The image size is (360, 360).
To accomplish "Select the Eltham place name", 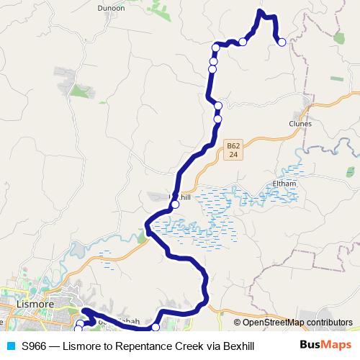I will click(x=284, y=184).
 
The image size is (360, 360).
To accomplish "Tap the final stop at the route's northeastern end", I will click(x=282, y=42).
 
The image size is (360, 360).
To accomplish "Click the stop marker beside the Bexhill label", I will click(x=175, y=204).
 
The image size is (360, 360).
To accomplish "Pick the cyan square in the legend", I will click(x=11, y=346).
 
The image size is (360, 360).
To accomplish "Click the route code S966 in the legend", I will click(x=35, y=346).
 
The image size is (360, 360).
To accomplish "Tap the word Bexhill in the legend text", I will click(x=236, y=346).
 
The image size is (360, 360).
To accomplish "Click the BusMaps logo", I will click(x=324, y=346).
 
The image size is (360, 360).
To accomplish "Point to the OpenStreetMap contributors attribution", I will click(x=293, y=322).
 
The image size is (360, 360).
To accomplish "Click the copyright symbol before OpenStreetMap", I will click(x=238, y=322).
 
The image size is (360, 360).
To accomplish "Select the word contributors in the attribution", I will click(x=329, y=322).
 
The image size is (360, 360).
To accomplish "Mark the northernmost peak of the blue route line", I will click(x=261, y=12).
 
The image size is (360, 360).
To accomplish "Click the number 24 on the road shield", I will click(x=232, y=154).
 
